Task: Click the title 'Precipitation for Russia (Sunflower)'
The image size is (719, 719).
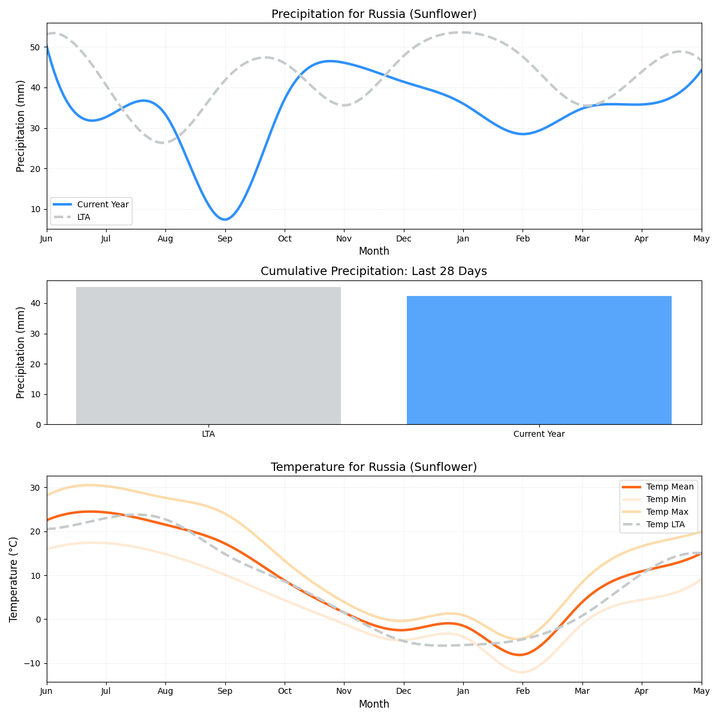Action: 374,14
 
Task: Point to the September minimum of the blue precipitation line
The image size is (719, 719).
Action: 225,219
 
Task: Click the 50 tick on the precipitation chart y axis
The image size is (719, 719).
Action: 36,47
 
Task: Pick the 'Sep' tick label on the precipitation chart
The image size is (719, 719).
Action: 225,238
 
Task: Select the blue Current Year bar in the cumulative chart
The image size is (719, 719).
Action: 539,360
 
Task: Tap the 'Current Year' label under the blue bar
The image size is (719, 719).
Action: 539,434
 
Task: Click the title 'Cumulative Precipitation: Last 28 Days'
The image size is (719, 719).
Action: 374,271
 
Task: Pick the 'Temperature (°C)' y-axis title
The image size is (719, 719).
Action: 14,579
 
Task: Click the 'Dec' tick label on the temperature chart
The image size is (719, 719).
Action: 403,691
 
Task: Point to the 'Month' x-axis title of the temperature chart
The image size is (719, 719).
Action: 374,704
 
